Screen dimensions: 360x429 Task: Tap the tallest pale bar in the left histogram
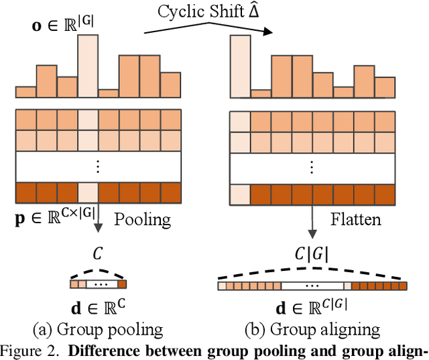(x=88, y=67)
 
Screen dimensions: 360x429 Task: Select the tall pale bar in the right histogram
(x=239, y=67)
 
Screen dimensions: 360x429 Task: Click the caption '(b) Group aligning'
(x=313, y=328)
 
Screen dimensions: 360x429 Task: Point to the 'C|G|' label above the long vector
(x=312, y=254)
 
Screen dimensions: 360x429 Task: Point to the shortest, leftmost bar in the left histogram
(x=25, y=92)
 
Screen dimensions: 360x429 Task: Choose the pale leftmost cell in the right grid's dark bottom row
(x=239, y=194)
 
